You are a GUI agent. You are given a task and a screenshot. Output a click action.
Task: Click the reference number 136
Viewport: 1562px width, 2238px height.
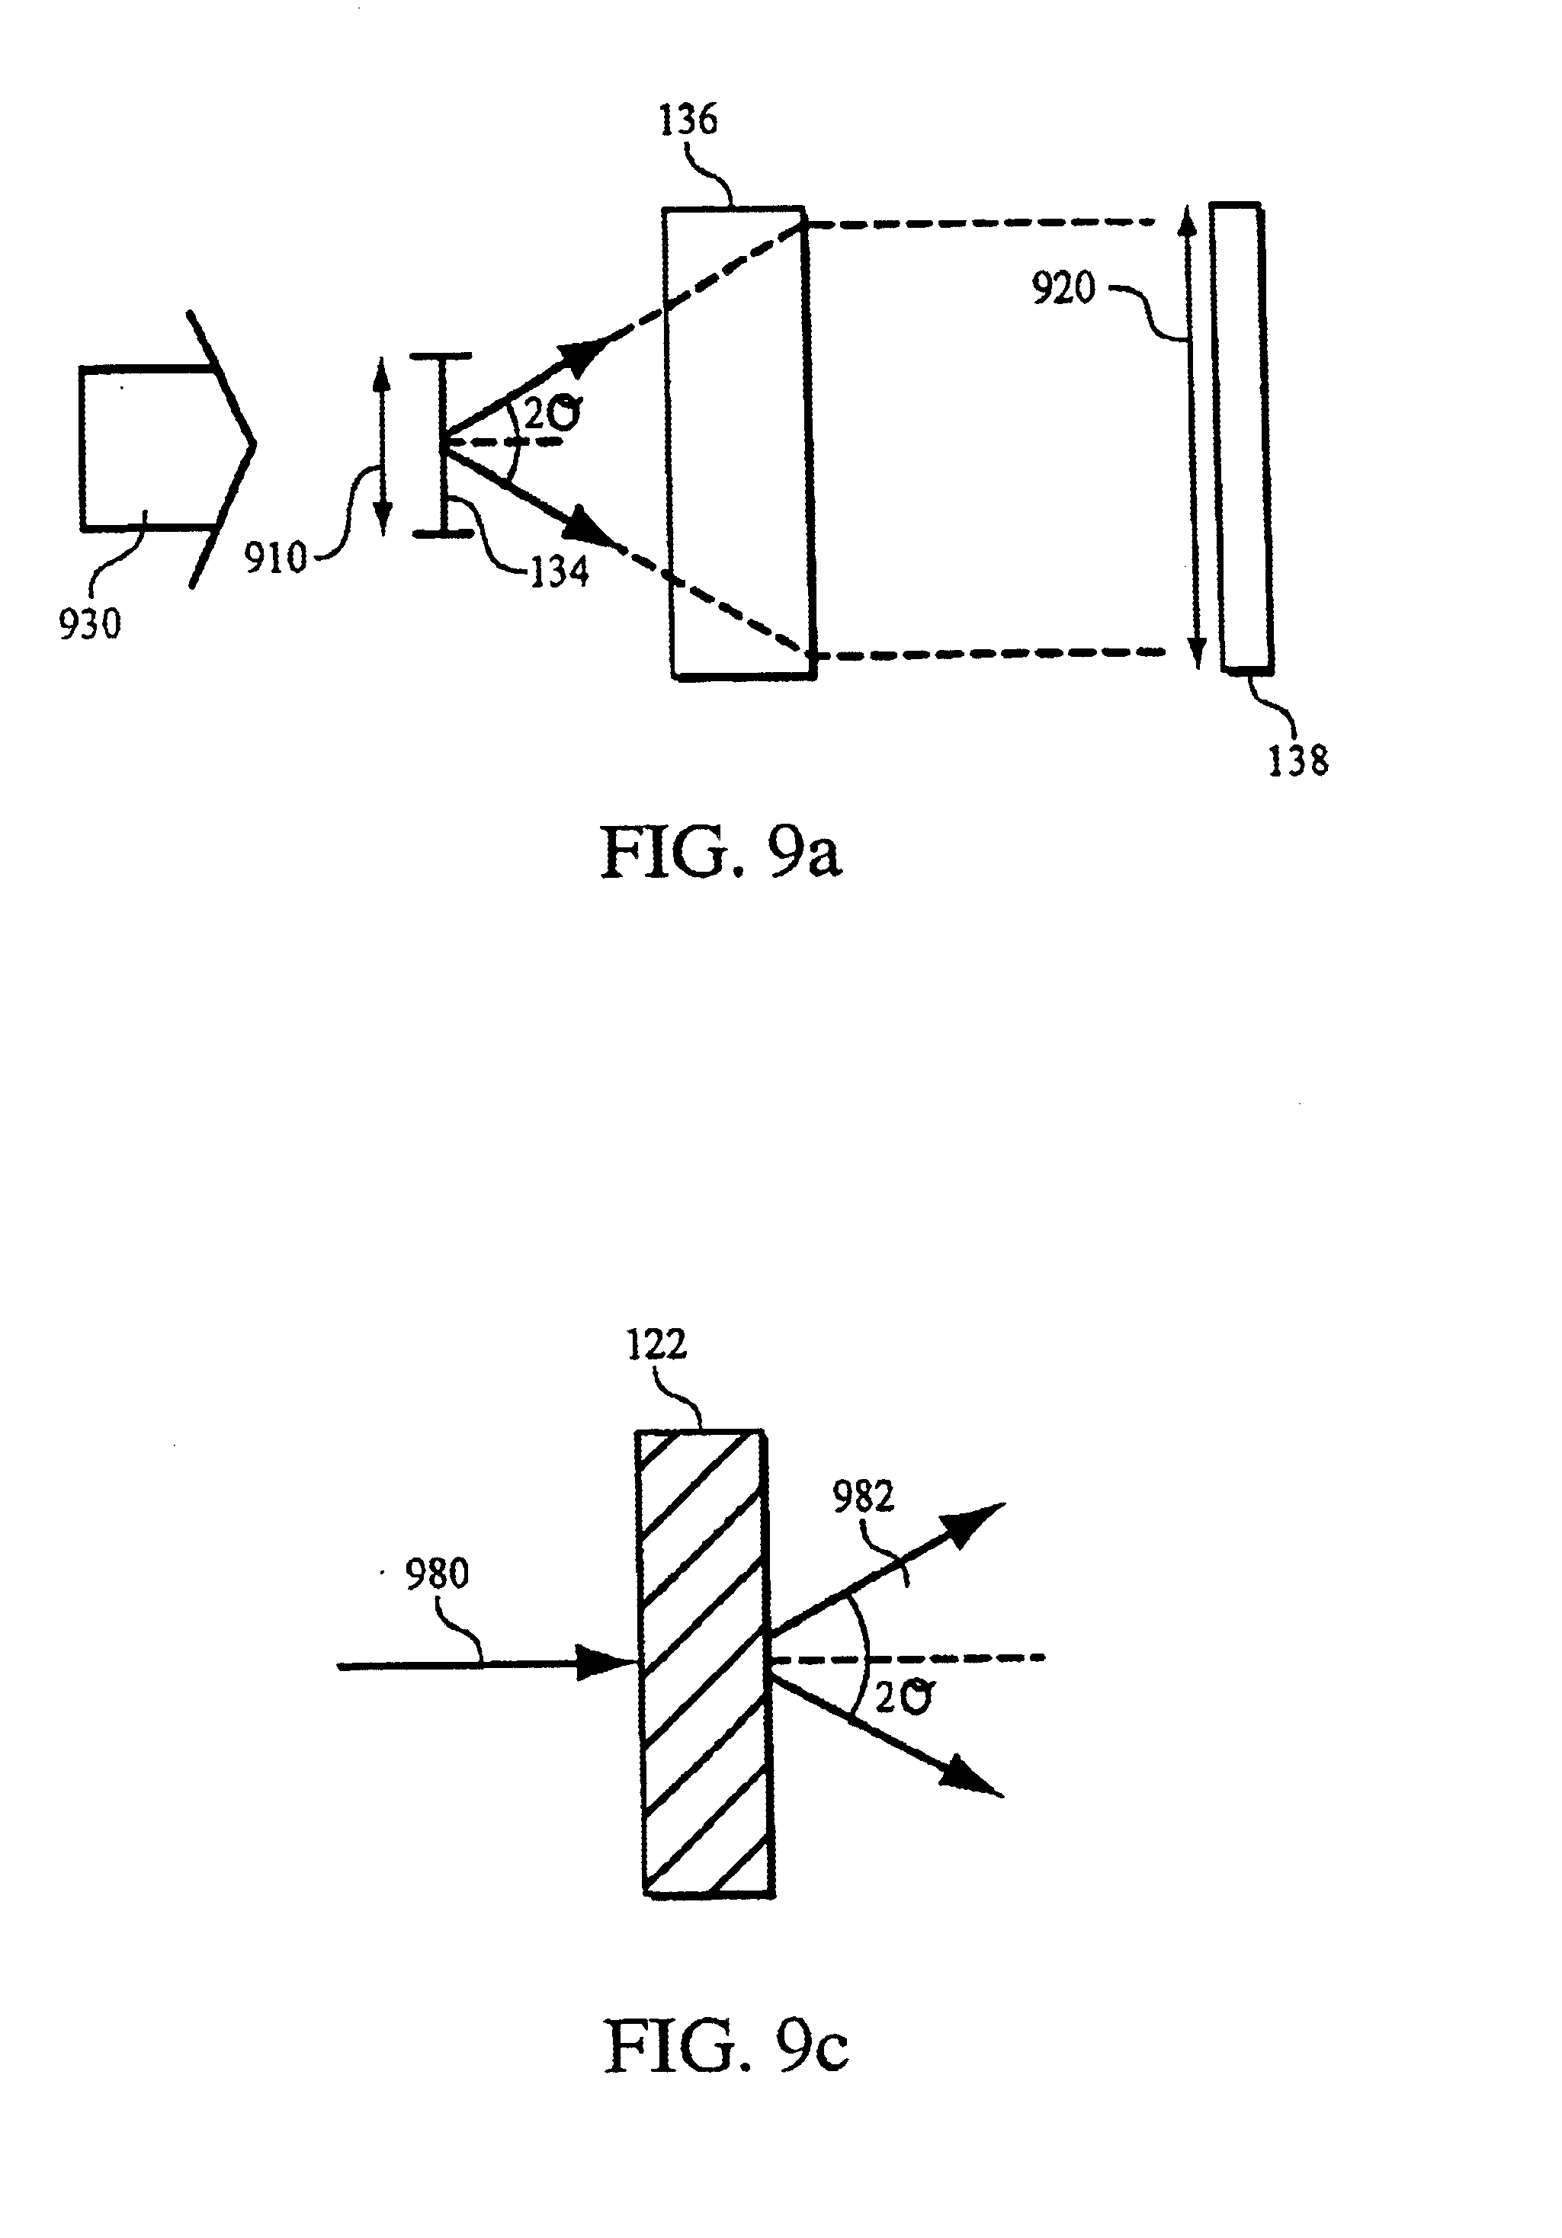[688, 120]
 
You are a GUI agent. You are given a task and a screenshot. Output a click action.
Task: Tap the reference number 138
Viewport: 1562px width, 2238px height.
[1297, 760]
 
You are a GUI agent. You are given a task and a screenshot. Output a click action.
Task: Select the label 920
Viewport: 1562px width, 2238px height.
[1063, 289]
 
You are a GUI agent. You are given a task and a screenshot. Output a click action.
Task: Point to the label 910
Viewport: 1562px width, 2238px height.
[275, 559]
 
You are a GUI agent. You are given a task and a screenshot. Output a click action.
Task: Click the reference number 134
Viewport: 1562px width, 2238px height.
[560, 572]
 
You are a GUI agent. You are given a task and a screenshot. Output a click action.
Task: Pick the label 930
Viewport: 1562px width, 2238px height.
[90, 625]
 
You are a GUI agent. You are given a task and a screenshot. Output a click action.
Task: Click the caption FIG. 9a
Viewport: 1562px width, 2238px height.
[720, 851]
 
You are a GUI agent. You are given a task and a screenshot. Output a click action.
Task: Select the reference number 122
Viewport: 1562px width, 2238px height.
[656, 1345]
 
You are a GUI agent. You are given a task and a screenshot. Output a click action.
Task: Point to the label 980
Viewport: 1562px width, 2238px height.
[437, 1574]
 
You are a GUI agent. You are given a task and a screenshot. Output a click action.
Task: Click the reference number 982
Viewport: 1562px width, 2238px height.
[863, 1497]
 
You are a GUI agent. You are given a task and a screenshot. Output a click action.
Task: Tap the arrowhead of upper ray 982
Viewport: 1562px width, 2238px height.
[975, 1522]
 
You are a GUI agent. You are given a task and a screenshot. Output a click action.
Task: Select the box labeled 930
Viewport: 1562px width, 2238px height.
[146, 448]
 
